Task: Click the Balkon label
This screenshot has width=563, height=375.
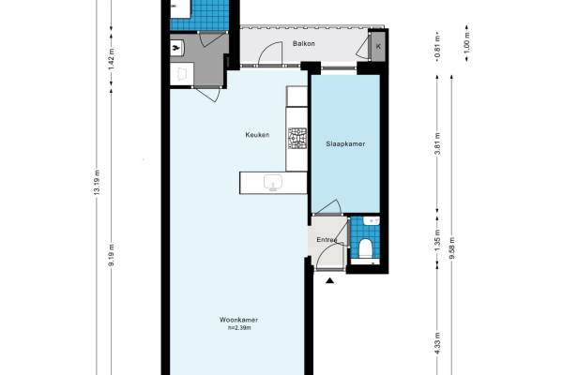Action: coord(304,43)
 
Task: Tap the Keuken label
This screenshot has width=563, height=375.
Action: coord(257,135)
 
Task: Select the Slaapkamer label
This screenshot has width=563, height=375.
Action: coord(345,143)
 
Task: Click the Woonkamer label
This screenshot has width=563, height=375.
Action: coord(238,320)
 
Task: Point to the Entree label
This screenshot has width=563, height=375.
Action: coord(327,240)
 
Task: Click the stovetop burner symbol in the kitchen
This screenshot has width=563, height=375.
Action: coord(297,138)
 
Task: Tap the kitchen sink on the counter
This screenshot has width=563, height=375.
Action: coord(273,182)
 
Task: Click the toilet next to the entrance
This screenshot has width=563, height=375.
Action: coord(366,248)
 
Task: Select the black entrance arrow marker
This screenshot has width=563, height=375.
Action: coord(329,280)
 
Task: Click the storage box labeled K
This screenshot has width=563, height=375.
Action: coord(378,46)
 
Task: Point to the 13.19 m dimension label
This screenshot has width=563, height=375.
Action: coord(97,182)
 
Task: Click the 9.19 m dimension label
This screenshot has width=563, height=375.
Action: coord(112,255)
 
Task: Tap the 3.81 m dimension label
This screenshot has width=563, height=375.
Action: coord(437,143)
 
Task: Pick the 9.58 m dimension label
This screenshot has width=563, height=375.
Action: coord(451,247)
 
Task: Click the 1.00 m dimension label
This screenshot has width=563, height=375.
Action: coord(466,43)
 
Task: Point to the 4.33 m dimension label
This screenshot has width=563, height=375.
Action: coord(437,343)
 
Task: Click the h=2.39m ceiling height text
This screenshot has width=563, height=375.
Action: coord(239,327)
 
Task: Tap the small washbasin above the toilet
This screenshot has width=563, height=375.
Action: coord(372,220)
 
